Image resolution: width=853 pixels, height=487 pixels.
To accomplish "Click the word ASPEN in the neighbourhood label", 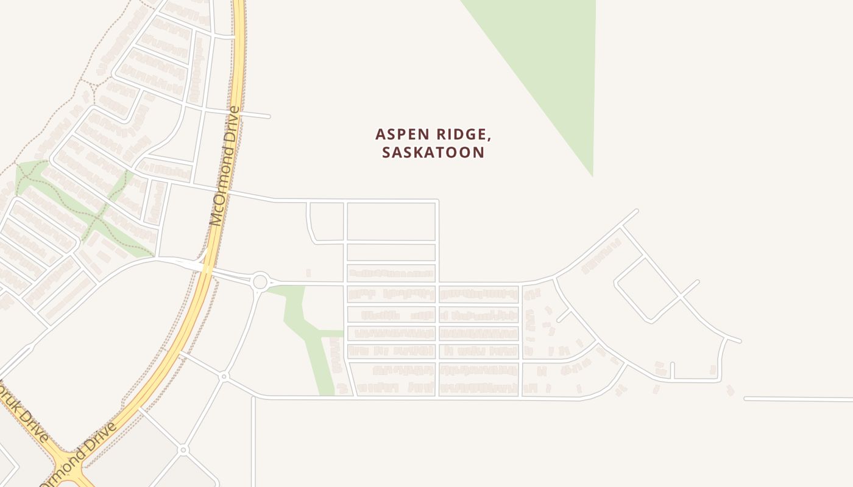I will tap(398, 134).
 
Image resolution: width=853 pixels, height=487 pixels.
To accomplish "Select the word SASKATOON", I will tap(433, 152).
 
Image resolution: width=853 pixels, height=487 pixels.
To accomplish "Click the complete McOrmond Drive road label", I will tap(224, 166).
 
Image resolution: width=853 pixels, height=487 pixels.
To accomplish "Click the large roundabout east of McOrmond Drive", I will tap(260, 281).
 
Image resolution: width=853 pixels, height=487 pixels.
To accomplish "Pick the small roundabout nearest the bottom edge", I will tap(183, 450).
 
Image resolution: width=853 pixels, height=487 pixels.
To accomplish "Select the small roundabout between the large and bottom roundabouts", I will tap(224, 377).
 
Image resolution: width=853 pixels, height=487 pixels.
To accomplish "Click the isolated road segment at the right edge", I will tap(798, 399).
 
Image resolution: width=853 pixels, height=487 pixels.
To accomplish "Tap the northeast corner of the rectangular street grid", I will tap(437, 201).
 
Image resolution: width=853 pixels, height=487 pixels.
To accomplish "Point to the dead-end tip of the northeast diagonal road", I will tap(636, 211).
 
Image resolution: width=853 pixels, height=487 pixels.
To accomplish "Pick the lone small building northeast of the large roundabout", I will tap(308, 273).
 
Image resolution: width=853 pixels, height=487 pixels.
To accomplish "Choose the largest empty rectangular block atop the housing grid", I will tap(391, 222).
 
